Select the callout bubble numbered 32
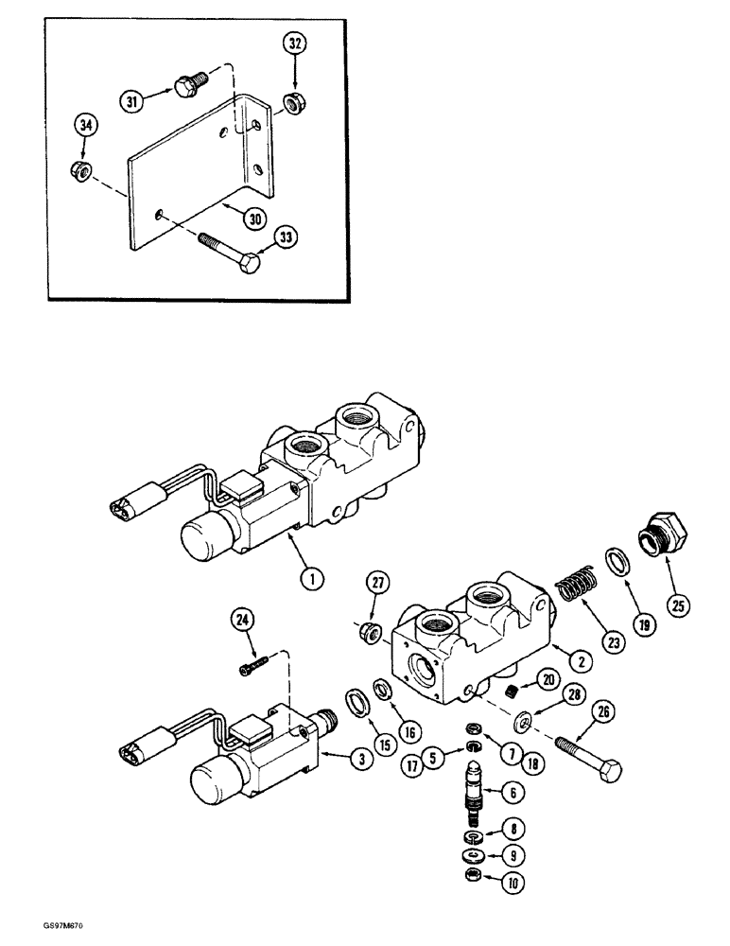point(295,44)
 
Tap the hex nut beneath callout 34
point(81,171)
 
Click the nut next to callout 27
point(371,632)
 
